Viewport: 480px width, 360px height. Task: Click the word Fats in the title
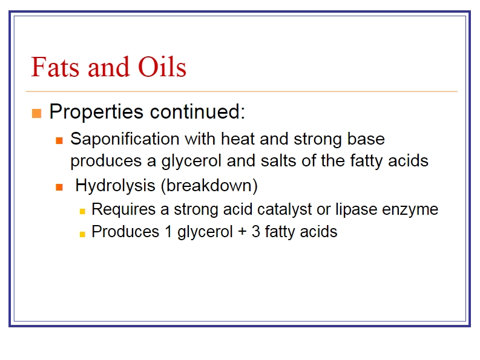coord(56,67)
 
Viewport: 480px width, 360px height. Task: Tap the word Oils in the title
coord(162,67)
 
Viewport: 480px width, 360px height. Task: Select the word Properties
coord(96,112)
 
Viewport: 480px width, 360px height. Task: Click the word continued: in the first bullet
coord(197,111)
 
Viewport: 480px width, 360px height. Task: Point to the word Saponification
coord(125,140)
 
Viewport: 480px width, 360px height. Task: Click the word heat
coord(238,139)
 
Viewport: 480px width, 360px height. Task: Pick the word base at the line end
coord(366,139)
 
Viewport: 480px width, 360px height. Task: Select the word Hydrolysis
coord(116,186)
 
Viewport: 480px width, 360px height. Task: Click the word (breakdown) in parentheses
coord(209,186)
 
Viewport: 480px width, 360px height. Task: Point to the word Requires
coord(123,210)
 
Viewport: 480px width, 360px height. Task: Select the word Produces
coord(125,231)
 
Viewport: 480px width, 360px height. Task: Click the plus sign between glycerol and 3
coord(242,232)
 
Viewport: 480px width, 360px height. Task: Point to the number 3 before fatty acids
coord(256,231)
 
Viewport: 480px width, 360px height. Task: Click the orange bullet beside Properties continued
coord(36,113)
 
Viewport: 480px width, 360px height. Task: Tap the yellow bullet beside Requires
coord(82,211)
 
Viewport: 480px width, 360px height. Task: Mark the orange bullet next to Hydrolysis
coord(59,187)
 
